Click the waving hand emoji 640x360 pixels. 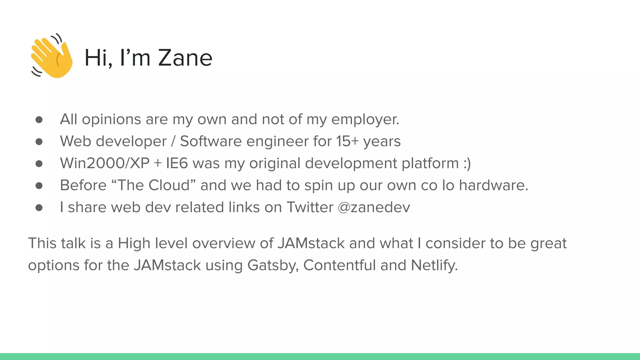(x=52, y=56)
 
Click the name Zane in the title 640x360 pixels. (x=185, y=58)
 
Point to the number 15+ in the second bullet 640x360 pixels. (x=347, y=141)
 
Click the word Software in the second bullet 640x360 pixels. (x=211, y=141)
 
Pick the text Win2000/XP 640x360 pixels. (x=105, y=163)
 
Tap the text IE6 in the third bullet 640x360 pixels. (x=177, y=163)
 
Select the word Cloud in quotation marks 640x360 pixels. (x=169, y=185)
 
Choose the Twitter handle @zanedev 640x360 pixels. (x=374, y=207)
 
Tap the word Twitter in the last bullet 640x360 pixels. (x=310, y=207)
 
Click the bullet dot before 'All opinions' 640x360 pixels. (x=39, y=120)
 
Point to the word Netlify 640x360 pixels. (x=434, y=265)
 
